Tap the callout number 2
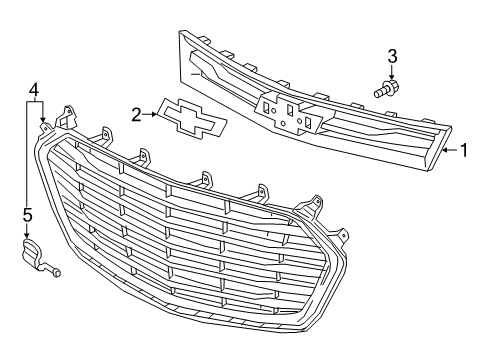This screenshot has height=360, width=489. [x=135, y=115]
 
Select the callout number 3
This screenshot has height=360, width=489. [x=393, y=55]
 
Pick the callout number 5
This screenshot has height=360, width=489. [x=27, y=214]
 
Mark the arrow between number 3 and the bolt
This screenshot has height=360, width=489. [x=392, y=72]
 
